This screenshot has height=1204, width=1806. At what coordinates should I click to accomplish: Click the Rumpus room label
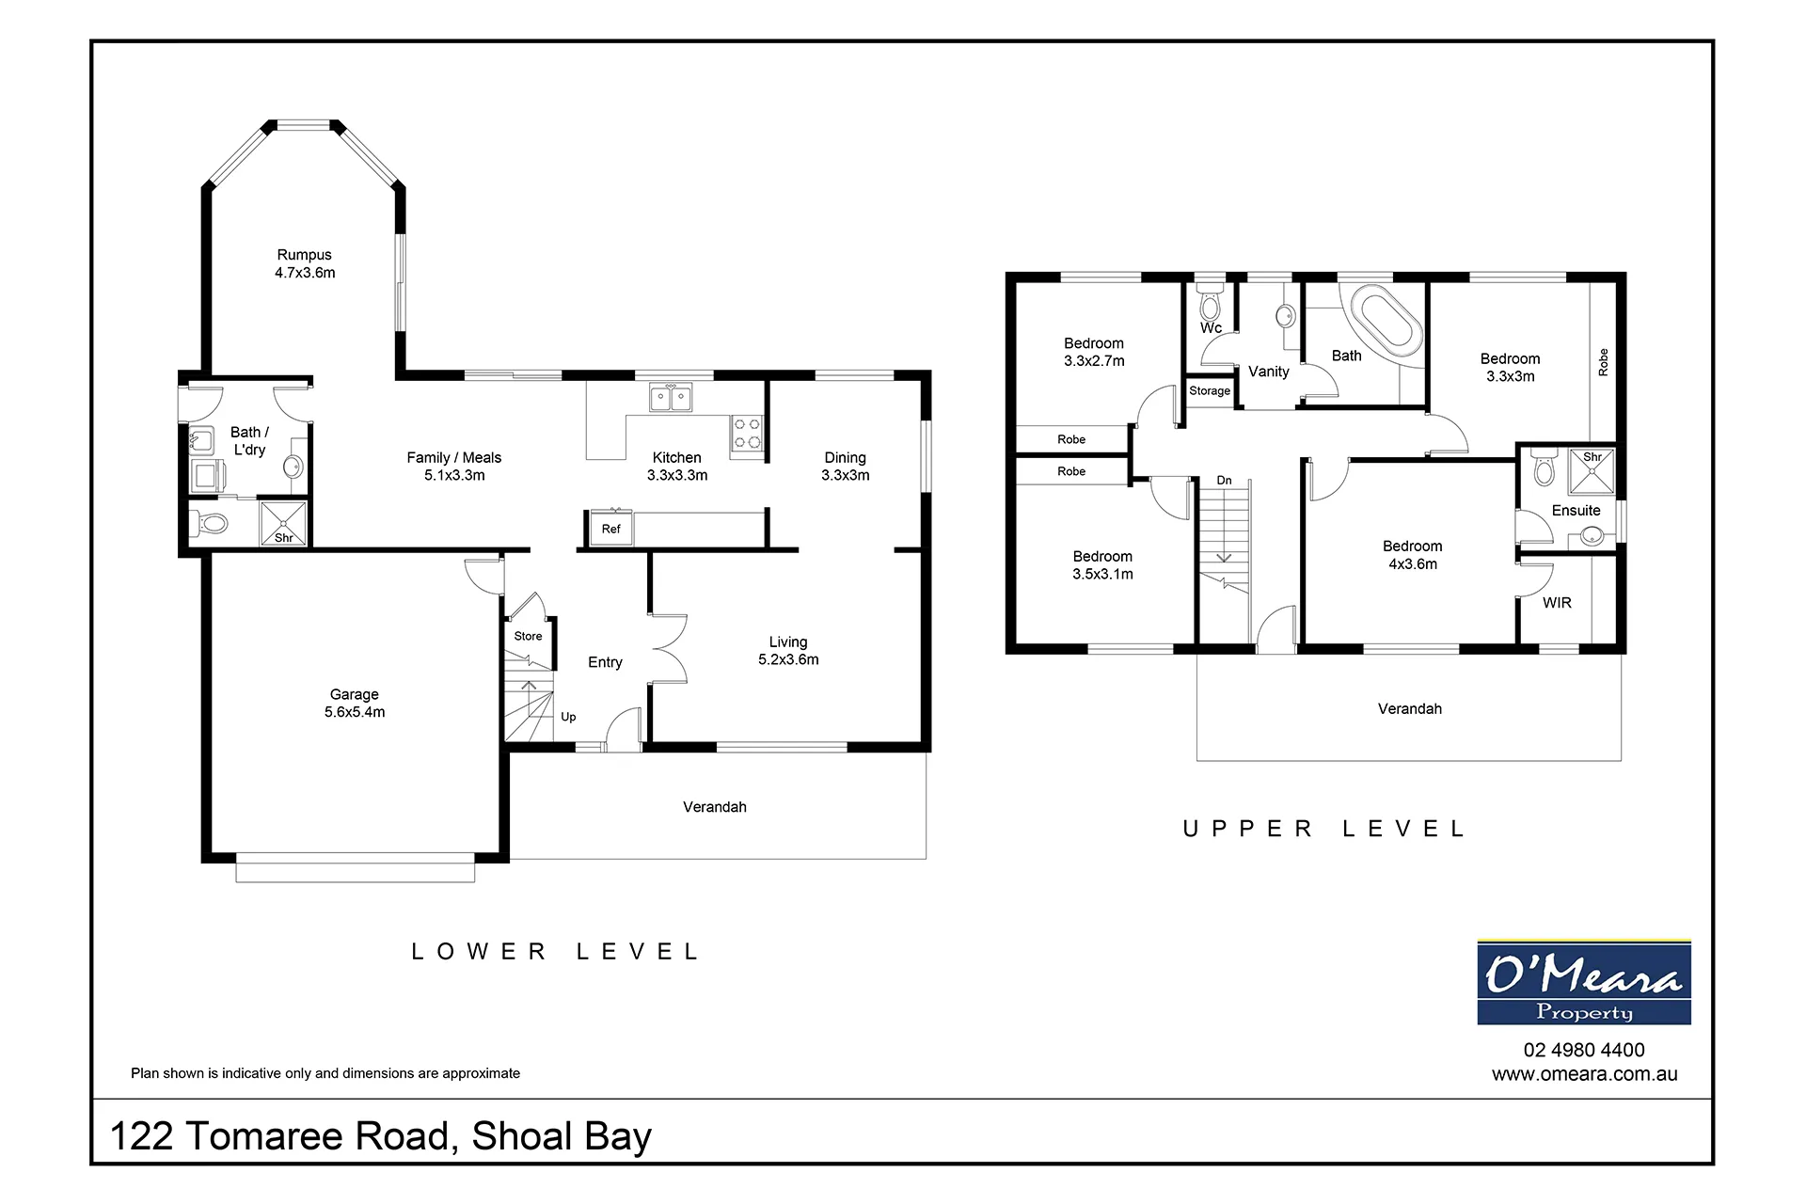[305, 263]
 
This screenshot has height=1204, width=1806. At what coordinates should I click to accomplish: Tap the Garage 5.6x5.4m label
[355, 703]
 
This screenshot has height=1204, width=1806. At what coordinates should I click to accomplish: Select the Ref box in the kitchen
[611, 529]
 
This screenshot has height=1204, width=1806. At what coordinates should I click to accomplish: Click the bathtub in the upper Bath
[1387, 323]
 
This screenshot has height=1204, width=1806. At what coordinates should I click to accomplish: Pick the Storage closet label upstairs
[1210, 390]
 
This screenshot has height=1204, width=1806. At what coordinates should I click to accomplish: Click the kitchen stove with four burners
[748, 434]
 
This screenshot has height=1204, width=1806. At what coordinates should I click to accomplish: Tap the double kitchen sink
[671, 397]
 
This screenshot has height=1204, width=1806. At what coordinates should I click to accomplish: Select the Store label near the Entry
[528, 636]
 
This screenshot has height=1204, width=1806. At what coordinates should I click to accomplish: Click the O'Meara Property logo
[1584, 982]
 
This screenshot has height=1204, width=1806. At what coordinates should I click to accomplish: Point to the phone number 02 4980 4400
[1584, 1050]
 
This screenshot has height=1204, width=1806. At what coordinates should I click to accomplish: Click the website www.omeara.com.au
[1584, 1074]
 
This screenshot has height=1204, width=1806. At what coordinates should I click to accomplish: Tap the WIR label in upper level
[1557, 603]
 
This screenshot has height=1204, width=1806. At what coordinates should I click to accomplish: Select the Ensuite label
[1576, 511]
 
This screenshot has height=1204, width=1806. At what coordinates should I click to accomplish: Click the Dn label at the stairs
[1224, 480]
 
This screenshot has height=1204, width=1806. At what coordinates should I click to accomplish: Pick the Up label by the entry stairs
[568, 717]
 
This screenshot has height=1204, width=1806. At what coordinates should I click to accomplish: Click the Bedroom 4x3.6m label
[1413, 555]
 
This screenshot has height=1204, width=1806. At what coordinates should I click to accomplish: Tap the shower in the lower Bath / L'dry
[283, 523]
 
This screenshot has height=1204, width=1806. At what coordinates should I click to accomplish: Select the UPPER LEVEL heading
[1324, 829]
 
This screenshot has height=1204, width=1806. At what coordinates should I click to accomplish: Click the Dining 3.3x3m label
[845, 466]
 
